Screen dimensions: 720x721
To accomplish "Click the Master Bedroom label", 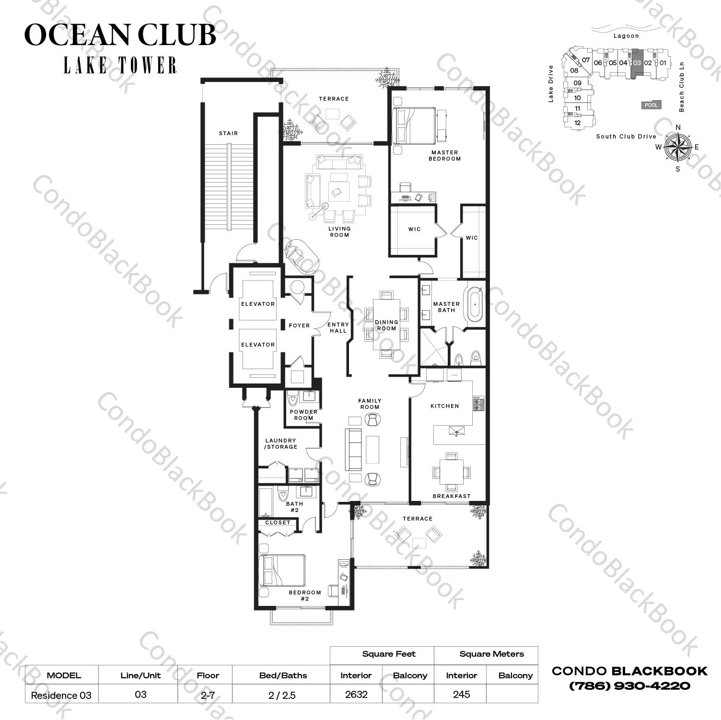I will [x=444, y=156].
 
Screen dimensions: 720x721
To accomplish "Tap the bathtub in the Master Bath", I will [x=475, y=304].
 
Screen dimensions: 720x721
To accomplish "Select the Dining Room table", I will [x=386, y=325].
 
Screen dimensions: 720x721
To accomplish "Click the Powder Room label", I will [x=303, y=415].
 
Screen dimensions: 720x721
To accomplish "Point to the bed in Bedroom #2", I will [x=281, y=570].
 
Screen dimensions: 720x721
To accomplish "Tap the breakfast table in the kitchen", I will [x=451, y=472].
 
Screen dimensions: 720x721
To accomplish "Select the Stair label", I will [x=228, y=133].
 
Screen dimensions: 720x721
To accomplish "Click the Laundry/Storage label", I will [x=281, y=443].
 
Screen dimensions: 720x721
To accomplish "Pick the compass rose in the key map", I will [x=678, y=147].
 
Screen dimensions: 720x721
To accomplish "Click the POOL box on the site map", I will [x=651, y=105].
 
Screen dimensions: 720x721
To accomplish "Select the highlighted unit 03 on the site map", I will [x=637, y=63].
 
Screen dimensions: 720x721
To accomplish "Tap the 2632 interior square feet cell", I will [x=356, y=694].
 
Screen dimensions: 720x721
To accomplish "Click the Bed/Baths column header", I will [x=283, y=675].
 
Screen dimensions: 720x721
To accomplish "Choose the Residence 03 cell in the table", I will [x=61, y=695].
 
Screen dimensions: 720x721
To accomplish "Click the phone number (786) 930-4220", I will [x=629, y=686].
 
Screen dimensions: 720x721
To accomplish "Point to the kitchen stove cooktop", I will [x=478, y=404].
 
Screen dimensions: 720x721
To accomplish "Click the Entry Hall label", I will [x=338, y=327].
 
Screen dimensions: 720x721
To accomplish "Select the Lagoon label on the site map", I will [x=626, y=36].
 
